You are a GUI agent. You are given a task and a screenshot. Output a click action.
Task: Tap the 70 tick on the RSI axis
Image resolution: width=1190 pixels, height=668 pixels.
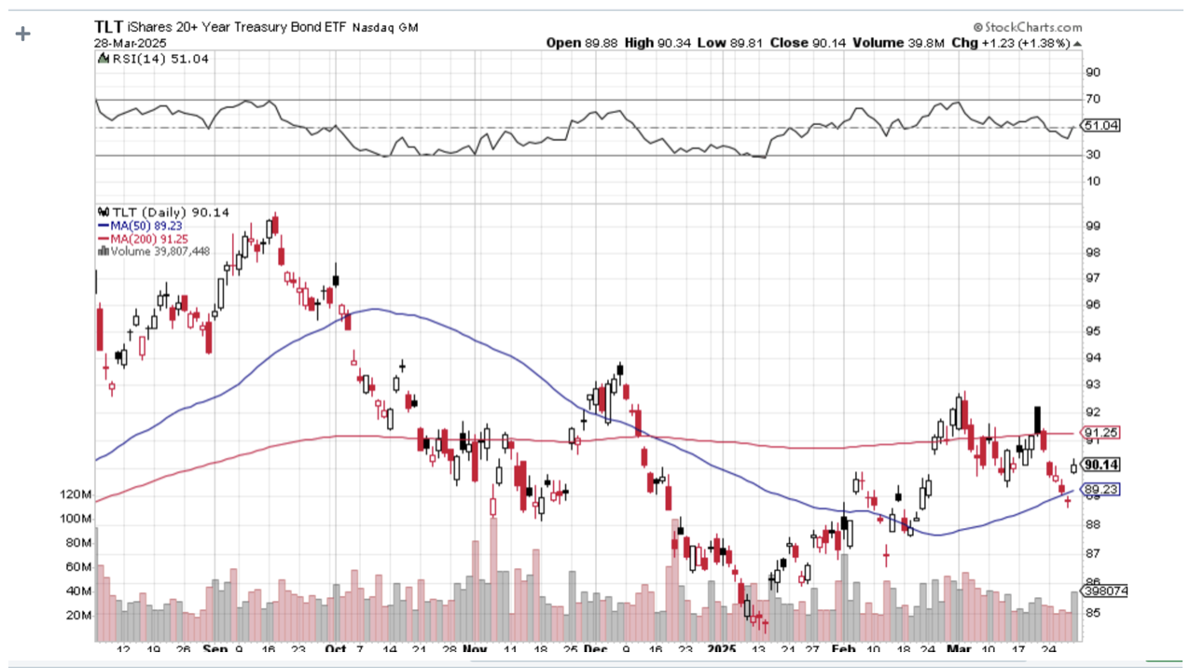click(1092, 99)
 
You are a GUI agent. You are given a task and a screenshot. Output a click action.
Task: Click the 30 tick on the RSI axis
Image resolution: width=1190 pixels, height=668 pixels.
click(1092, 154)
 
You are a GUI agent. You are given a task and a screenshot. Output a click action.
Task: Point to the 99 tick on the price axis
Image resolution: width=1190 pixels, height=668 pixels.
click(1092, 226)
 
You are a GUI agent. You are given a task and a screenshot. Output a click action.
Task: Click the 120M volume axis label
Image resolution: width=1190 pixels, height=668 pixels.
click(75, 494)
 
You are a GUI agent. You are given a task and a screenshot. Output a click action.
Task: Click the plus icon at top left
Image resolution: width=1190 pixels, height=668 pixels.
click(22, 34)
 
